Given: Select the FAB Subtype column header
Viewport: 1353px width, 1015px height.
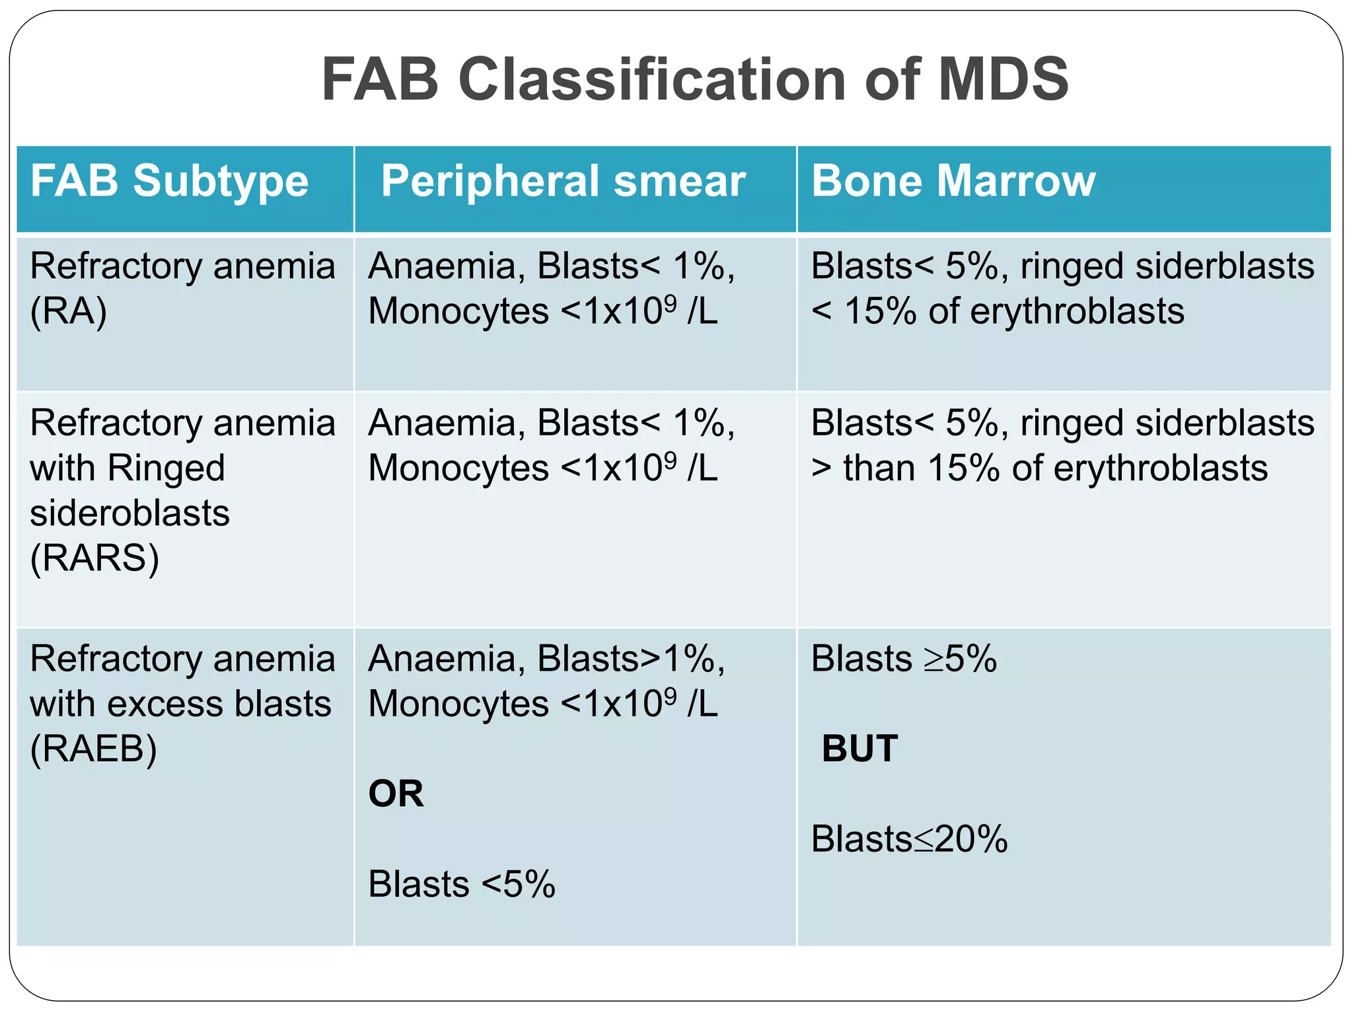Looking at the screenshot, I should click(169, 181).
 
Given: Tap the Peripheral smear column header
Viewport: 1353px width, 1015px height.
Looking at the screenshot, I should click(563, 181).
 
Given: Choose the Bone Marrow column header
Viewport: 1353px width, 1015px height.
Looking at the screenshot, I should click(953, 181).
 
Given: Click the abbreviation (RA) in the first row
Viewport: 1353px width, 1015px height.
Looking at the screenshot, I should click(68, 311).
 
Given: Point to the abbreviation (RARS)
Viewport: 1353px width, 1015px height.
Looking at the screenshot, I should click(94, 558).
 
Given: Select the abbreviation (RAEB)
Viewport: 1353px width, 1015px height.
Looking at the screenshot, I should click(93, 749).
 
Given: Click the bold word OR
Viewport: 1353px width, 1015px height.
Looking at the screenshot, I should click(396, 794).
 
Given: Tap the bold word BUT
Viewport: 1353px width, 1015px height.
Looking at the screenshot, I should click(859, 749).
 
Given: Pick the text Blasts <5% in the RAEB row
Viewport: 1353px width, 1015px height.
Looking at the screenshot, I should click(462, 884).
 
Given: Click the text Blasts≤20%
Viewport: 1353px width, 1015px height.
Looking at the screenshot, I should click(909, 839).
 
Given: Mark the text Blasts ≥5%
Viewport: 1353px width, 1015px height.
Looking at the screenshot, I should click(904, 659).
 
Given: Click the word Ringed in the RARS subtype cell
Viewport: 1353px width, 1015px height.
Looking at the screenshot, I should click(166, 469).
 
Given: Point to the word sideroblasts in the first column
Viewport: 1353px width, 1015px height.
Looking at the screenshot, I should click(129, 513).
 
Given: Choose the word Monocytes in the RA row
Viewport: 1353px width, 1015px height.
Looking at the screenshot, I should click(458, 311).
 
